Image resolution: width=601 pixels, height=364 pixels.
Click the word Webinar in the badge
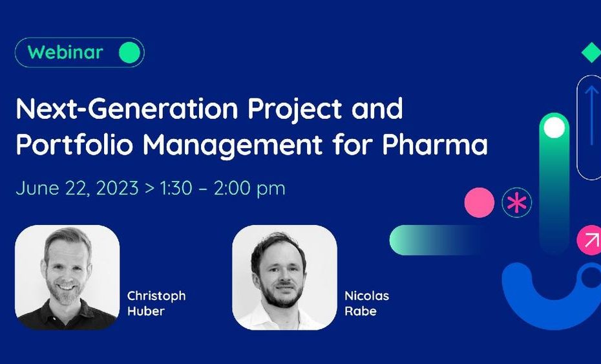click(65, 52)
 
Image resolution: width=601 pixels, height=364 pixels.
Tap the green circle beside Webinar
click(129, 52)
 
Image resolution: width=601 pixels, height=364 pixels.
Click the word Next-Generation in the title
click(127, 109)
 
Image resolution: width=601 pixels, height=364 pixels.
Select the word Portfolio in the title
click(74, 145)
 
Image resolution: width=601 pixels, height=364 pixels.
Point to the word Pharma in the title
click(435, 145)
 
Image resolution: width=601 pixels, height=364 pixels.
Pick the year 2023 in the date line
click(117, 188)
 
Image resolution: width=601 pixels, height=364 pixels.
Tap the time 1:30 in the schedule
click(176, 188)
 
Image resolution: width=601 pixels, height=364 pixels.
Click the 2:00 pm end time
click(249, 189)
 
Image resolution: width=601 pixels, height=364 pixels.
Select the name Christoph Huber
click(156, 303)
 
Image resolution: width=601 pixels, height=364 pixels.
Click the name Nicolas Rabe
click(367, 303)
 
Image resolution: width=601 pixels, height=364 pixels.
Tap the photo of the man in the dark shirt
click(67, 277)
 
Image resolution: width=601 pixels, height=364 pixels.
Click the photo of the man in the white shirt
click(284, 277)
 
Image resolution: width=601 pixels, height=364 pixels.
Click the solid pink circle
click(479, 202)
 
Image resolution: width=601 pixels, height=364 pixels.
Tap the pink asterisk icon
click(517, 203)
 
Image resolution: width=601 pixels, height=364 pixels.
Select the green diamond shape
click(592, 53)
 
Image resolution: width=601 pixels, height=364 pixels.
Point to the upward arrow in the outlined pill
click(591, 115)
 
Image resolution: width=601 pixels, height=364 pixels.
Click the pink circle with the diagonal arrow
click(589, 240)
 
